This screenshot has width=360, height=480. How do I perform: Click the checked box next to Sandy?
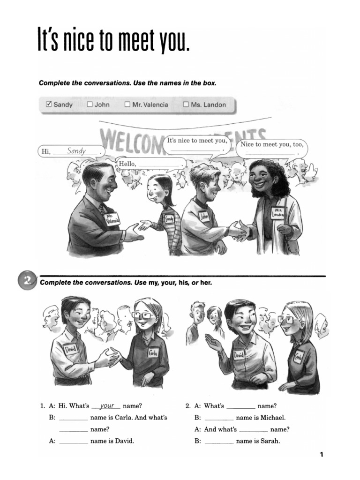click(49, 105)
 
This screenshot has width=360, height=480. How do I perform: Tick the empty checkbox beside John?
click(90, 105)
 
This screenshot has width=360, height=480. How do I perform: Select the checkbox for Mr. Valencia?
click(127, 105)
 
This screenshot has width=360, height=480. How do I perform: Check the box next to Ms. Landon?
click(186, 105)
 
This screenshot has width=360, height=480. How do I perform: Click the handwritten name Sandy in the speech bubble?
click(76, 151)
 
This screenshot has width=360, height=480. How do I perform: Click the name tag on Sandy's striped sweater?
click(169, 218)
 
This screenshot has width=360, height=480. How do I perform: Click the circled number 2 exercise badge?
click(28, 281)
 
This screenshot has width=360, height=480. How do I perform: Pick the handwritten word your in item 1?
click(107, 406)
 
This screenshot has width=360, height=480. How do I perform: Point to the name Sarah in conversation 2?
click(269, 441)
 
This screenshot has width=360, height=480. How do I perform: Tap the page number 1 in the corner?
click(322, 454)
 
